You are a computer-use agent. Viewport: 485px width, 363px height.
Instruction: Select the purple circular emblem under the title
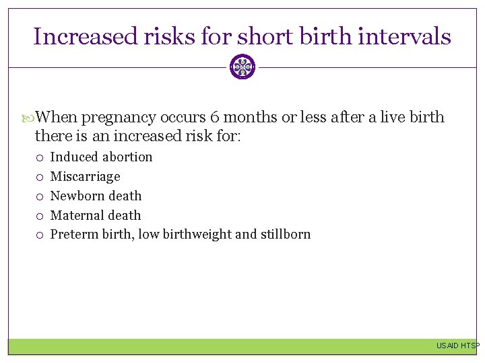point(243,67)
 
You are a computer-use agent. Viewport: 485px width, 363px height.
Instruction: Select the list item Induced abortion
point(101,157)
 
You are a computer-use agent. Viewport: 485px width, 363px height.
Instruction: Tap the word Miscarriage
point(85,176)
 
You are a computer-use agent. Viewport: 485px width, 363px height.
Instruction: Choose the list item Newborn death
point(96,196)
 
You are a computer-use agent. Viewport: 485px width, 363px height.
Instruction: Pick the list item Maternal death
point(96,215)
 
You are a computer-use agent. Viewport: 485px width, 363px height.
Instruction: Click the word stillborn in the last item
point(285,235)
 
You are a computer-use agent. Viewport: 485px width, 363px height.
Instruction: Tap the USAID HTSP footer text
point(457,346)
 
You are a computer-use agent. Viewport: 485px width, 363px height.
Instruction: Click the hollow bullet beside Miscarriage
point(40,177)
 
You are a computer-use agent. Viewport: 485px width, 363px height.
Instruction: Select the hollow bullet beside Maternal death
point(40,216)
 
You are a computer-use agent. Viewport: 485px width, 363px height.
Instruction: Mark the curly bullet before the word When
point(28,118)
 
